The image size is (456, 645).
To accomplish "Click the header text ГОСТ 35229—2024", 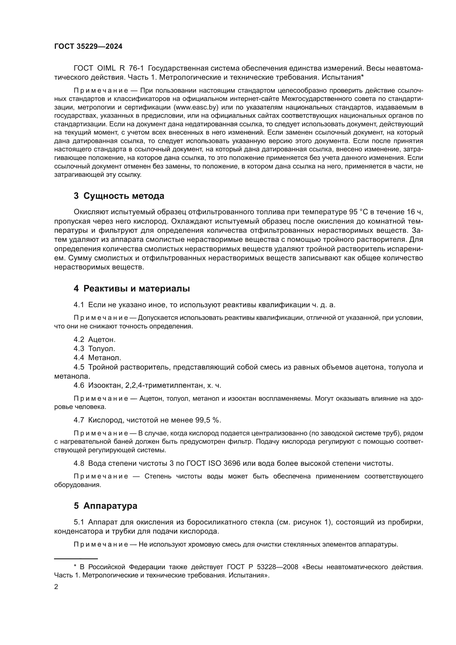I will click(x=88, y=47).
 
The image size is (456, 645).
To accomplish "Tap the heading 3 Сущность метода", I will click(x=119, y=196).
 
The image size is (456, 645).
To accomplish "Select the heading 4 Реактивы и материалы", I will click(x=132, y=288).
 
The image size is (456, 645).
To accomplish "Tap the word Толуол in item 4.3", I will click(x=101, y=349).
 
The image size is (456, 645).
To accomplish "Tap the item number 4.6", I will click(x=79, y=385).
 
